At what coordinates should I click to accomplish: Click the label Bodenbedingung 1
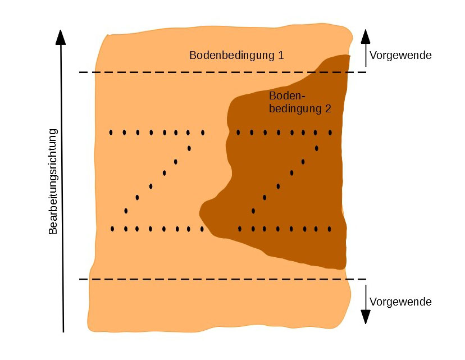click(x=236, y=56)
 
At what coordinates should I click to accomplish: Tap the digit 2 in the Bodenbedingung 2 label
click(x=327, y=109)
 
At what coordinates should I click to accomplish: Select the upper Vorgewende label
click(x=400, y=56)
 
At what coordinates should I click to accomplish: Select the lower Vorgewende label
click(x=400, y=302)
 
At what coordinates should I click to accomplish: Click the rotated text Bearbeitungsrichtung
click(x=53, y=181)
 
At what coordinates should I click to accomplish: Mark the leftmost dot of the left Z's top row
click(x=111, y=133)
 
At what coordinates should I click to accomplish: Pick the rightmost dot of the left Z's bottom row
click(x=202, y=229)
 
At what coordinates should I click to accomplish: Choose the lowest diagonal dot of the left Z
click(x=126, y=211)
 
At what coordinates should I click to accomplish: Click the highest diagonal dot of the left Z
click(x=189, y=148)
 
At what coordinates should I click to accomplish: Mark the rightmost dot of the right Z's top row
click(x=330, y=133)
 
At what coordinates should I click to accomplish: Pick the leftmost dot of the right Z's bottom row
click(x=240, y=229)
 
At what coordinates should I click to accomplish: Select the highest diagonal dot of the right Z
click(x=317, y=148)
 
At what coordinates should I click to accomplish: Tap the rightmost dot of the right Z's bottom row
click(x=330, y=229)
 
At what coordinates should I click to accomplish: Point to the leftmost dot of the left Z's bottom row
click(x=112, y=229)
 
